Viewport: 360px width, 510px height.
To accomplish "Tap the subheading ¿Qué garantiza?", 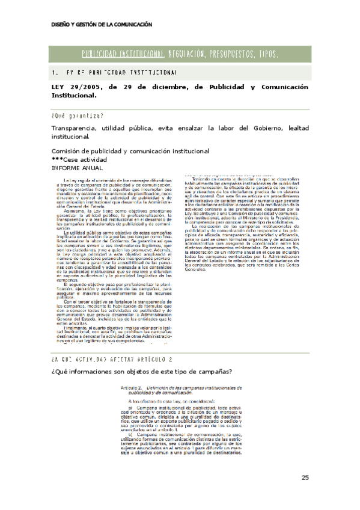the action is [77, 116].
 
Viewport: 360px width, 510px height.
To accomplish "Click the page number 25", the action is [305, 478].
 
